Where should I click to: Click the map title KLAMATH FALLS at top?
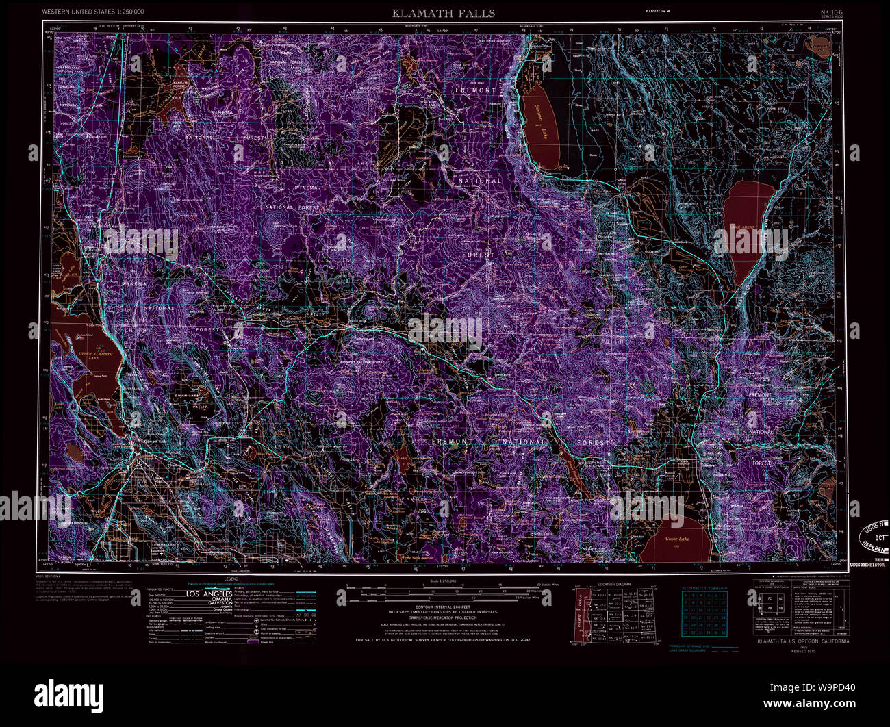click(x=443, y=13)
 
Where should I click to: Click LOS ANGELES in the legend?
click(x=209, y=594)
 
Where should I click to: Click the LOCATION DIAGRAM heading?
click(x=614, y=585)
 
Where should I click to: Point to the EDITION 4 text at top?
click(x=660, y=12)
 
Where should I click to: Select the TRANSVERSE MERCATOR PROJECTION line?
click(x=442, y=618)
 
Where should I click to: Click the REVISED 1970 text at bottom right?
click(x=802, y=651)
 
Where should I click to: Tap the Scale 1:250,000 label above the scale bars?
click(x=442, y=581)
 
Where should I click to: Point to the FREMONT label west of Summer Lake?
click(x=475, y=90)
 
